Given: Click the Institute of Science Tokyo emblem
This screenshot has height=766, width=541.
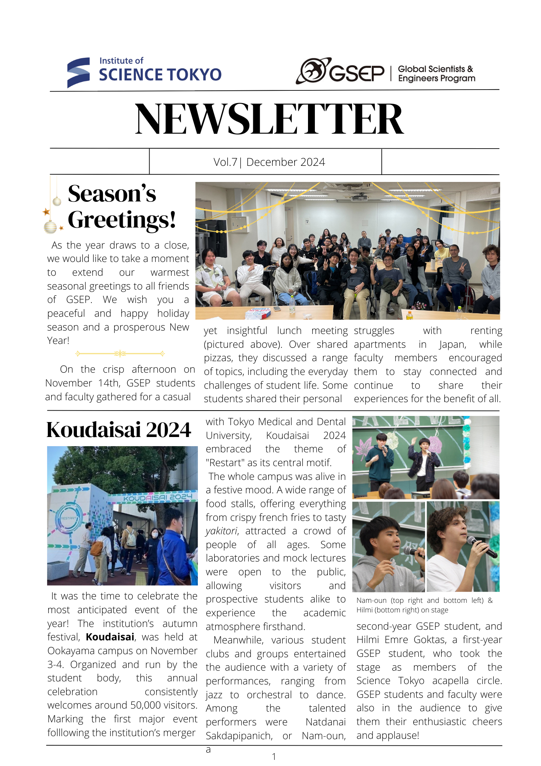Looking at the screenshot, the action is (78, 72).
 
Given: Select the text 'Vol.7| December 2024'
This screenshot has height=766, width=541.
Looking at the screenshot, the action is (269, 162).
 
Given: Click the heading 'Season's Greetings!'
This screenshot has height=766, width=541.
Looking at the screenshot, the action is (121, 206).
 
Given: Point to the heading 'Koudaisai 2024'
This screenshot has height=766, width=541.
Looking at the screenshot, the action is (119, 429).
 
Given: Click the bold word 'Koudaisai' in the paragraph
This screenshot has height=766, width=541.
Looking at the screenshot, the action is (110, 637).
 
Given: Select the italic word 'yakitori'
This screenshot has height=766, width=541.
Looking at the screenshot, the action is (222, 531).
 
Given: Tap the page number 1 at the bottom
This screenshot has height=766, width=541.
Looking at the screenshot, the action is (274, 756).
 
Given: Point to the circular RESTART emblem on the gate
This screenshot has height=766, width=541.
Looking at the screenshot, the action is (69, 518).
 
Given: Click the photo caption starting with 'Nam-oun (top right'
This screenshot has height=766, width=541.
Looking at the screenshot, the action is (424, 605).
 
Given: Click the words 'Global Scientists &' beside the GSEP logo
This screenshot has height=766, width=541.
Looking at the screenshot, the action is (435, 69).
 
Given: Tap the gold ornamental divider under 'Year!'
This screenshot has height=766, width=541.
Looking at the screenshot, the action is (120, 354).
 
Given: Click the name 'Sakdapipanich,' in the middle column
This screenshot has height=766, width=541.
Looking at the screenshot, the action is (239, 736).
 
